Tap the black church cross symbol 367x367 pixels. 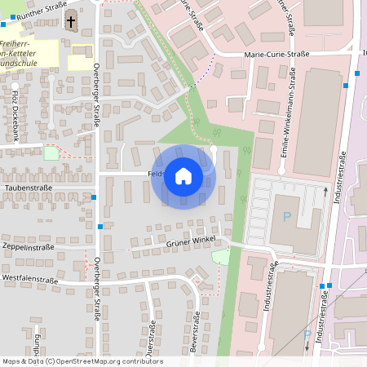pos(70,22)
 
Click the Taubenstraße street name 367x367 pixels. pos(29,188)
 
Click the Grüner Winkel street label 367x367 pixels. pos(189,243)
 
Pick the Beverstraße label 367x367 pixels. pos(195,336)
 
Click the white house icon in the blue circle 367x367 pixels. pos(183,176)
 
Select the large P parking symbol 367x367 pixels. pos(286,217)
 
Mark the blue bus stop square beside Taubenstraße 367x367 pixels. pos(95,197)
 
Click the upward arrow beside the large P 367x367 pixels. pos(326,193)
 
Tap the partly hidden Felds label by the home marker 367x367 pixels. pos(157,174)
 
